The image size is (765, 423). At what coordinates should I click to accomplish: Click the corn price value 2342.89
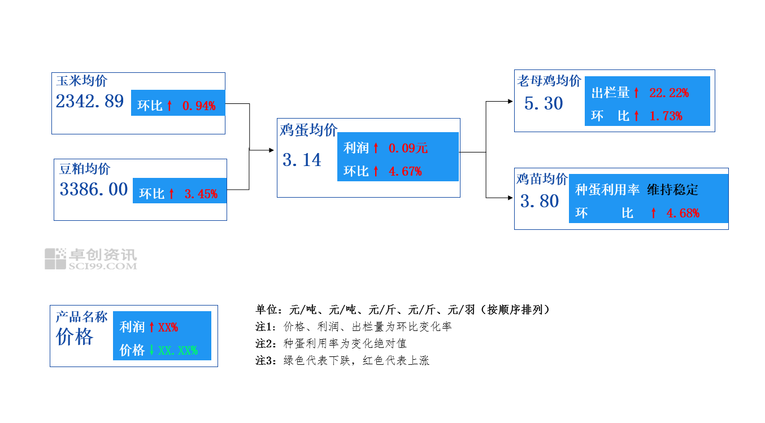(x=89, y=102)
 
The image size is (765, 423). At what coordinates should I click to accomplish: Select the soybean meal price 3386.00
(x=93, y=189)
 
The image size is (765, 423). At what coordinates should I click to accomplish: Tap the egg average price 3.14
(x=302, y=160)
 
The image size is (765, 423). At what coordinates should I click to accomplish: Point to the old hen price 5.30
(x=544, y=104)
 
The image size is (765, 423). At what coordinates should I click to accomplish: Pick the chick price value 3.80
(x=540, y=201)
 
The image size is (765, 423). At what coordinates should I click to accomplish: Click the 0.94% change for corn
(x=199, y=106)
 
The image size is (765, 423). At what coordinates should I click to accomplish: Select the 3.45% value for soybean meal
(x=201, y=194)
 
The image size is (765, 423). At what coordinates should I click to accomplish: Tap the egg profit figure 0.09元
(x=408, y=149)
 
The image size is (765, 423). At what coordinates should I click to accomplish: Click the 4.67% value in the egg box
(x=405, y=171)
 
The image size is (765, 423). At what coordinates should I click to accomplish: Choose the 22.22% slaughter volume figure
(x=669, y=93)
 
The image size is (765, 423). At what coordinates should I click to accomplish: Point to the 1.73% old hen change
(x=666, y=116)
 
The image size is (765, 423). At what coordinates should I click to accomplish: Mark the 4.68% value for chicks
(x=683, y=213)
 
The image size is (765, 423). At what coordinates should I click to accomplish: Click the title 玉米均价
(x=81, y=81)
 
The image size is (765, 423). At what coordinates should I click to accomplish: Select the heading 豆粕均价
(x=85, y=169)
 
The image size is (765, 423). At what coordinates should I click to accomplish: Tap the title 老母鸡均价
(x=549, y=81)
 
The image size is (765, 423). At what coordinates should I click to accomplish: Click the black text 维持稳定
(x=672, y=190)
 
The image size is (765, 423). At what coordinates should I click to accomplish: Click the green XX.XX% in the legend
(x=178, y=350)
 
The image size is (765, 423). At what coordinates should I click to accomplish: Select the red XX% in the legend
(x=168, y=327)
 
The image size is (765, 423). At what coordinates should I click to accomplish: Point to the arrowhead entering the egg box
(x=273, y=151)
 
